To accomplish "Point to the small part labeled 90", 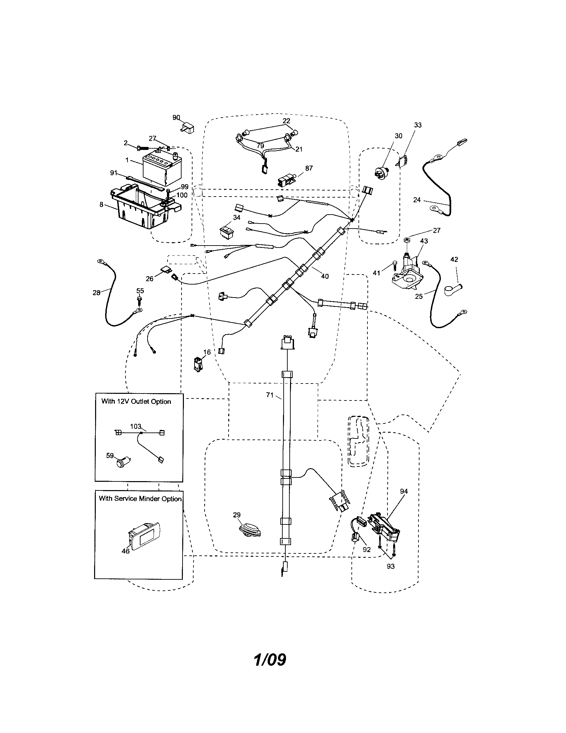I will (x=187, y=128).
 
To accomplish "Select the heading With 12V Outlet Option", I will (x=136, y=401).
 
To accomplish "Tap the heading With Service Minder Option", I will (x=140, y=499).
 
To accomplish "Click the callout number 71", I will (x=270, y=395).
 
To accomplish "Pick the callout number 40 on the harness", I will (x=325, y=276).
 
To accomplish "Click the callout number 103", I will (x=135, y=426).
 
